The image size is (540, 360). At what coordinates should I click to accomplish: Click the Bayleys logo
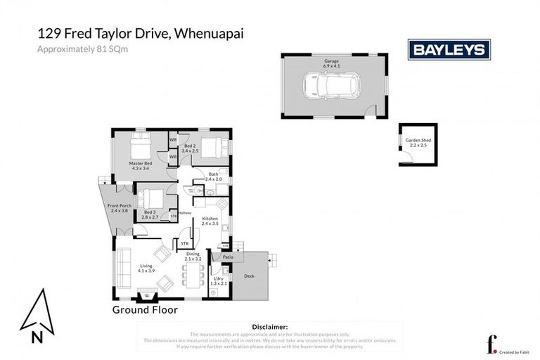tap(449, 49)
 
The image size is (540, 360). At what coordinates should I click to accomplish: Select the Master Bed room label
tap(140, 166)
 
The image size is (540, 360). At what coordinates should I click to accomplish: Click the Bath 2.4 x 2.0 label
tap(213, 176)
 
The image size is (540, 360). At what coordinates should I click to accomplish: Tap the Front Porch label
tap(118, 208)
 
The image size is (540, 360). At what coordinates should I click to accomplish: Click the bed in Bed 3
tap(150, 198)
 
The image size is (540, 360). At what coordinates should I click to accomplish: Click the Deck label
tap(248, 276)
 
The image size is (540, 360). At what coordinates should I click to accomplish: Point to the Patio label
tap(227, 257)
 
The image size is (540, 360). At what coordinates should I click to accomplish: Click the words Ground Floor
tap(145, 309)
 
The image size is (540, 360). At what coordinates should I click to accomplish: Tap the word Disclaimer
tap(269, 327)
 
